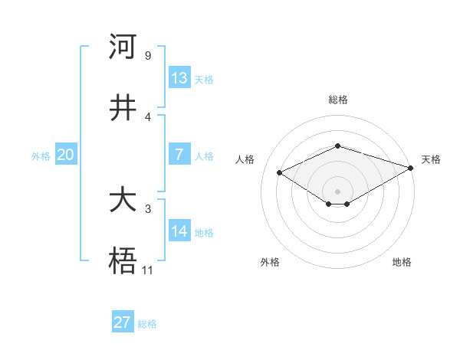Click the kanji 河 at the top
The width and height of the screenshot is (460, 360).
123,47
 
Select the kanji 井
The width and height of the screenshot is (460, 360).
123,108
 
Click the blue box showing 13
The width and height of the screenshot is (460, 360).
179,78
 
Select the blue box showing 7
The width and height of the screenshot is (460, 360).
179,155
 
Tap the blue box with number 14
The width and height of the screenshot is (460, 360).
179,231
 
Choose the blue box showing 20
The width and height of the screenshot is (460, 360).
66,155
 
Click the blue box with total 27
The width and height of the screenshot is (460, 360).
123,322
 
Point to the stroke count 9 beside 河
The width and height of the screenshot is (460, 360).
147,55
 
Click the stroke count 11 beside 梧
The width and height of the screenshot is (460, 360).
148,270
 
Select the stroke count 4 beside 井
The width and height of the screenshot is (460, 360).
147,116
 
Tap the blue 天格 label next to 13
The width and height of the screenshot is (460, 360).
204,79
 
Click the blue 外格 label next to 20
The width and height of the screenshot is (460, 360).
41,155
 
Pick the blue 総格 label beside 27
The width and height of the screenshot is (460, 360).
147,323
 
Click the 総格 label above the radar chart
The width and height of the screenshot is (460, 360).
337,100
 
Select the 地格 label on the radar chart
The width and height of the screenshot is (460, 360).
402,262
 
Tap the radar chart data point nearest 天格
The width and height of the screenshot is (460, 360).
412,168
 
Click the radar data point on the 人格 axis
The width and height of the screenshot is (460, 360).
280,172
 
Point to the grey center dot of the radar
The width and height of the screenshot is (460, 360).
337,191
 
